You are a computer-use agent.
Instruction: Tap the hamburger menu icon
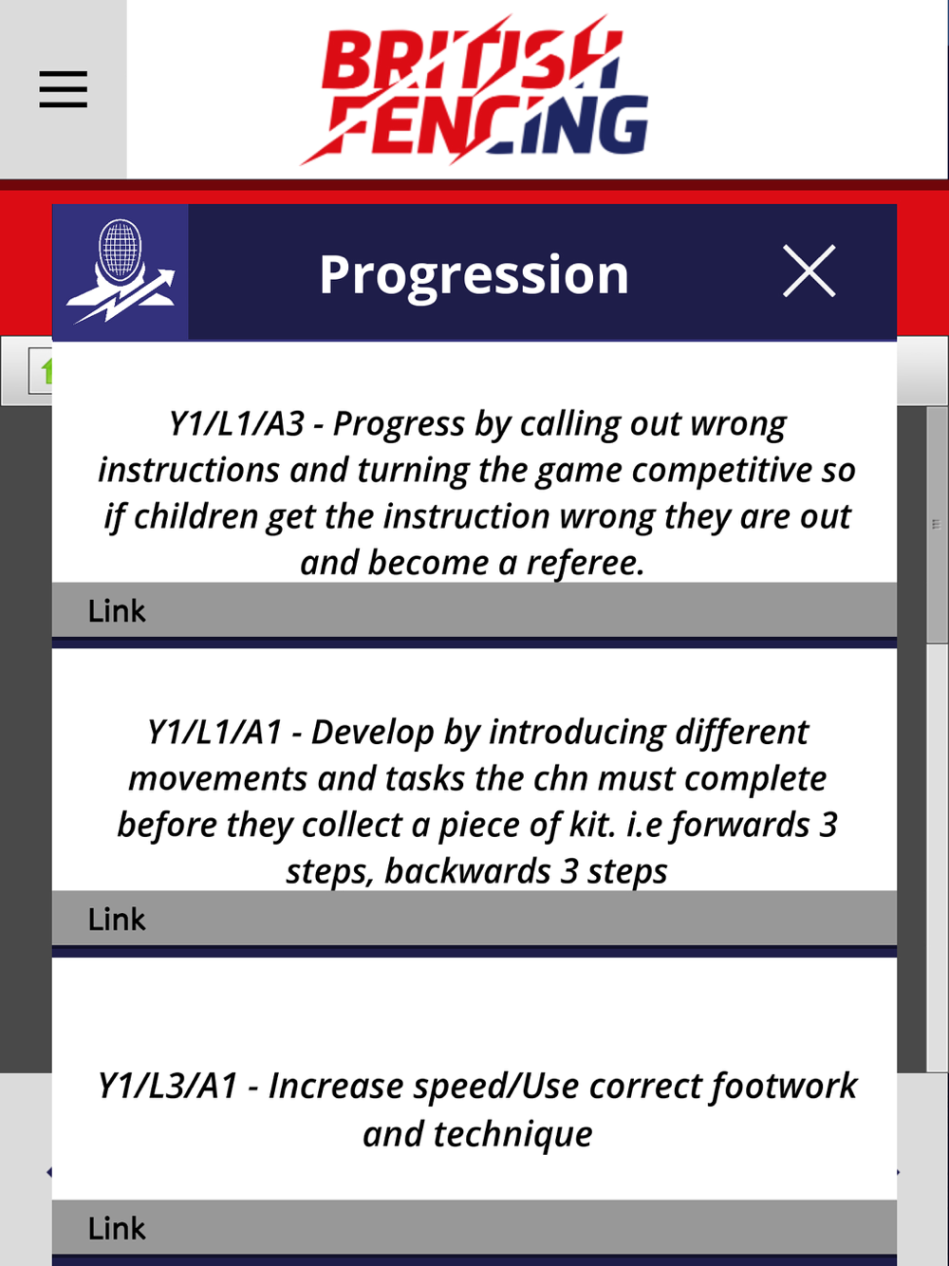tap(64, 89)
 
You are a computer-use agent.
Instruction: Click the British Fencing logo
tap(474, 89)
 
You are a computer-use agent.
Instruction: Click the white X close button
tap(809, 271)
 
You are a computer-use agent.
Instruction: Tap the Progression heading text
tap(474, 274)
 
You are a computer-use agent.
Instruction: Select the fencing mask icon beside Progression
tap(120, 271)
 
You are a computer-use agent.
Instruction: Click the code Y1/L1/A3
tap(236, 424)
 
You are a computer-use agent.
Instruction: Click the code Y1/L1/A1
tap(214, 732)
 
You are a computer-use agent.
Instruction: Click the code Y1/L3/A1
tap(168, 1086)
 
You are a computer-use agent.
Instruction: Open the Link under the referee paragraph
tap(117, 611)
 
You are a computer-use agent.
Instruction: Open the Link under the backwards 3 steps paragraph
tap(117, 919)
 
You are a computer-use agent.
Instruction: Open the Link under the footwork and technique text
tap(117, 1228)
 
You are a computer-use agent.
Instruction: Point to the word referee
tap(586, 564)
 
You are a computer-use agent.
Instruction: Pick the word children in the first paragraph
tap(196, 516)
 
